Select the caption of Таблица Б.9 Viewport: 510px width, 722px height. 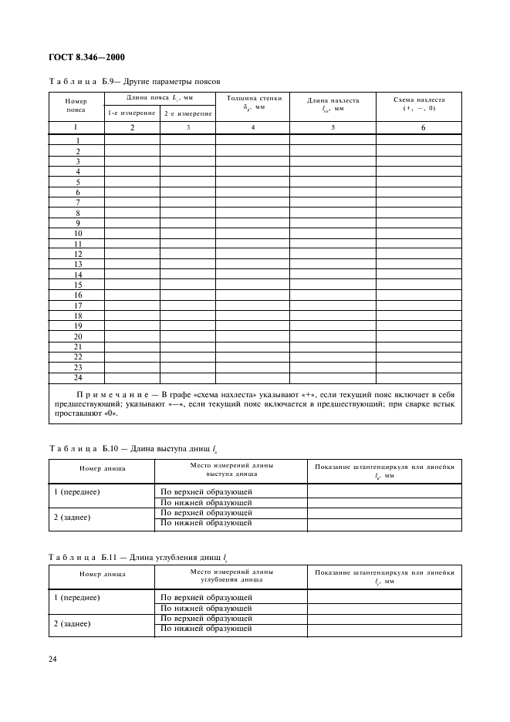pyautogui.click(x=134, y=80)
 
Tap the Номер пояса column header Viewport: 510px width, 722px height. pyautogui.click(x=76, y=105)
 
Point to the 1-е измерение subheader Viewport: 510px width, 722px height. pyautogui.click(x=132, y=113)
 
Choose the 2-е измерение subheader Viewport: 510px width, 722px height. pyautogui.click(x=187, y=113)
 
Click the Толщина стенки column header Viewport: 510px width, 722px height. pyautogui.click(x=253, y=103)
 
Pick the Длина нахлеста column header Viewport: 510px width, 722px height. pyautogui.click(x=333, y=105)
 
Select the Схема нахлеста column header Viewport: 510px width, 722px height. pyautogui.click(x=419, y=103)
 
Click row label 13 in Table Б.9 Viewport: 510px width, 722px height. pyautogui.click(x=78, y=264)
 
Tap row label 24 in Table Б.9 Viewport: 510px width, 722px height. pyautogui.click(x=78, y=377)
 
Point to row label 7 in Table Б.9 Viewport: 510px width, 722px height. pyautogui.click(x=78, y=202)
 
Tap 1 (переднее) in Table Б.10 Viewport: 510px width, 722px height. pyautogui.click(x=77, y=491)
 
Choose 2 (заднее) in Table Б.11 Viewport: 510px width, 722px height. pyautogui.click(x=72, y=623)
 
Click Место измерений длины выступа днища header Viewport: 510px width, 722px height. pyautogui.click(x=231, y=470)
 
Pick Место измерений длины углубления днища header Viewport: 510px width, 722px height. pyautogui.click(x=231, y=576)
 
